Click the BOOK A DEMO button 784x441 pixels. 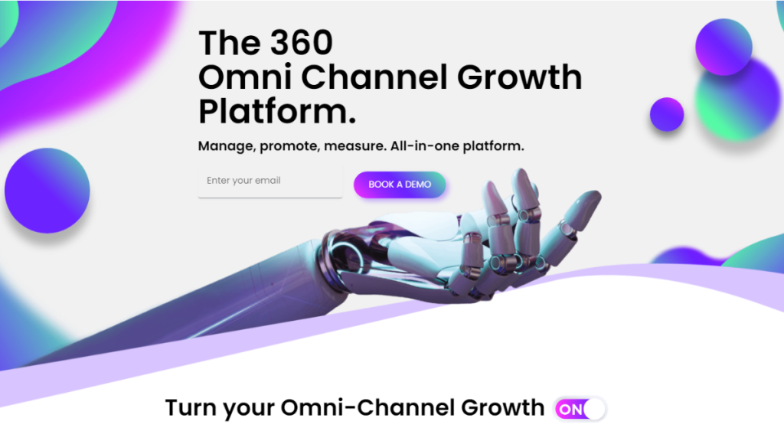point(400,185)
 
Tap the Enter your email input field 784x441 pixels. point(270,181)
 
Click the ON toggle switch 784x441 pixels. point(580,409)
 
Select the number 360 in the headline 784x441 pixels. point(302,43)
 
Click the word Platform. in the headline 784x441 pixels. point(277,112)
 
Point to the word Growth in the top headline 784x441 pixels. point(520,77)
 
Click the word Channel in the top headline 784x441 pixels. point(374,77)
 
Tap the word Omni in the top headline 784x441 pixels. point(245,77)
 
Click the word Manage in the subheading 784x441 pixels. point(227,146)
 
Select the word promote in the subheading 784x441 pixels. point(289,146)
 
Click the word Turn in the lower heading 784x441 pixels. point(191,408)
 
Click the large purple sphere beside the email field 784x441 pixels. point(47,191)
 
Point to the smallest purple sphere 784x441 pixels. point(667,115)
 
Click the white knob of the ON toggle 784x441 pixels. point(594,409)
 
